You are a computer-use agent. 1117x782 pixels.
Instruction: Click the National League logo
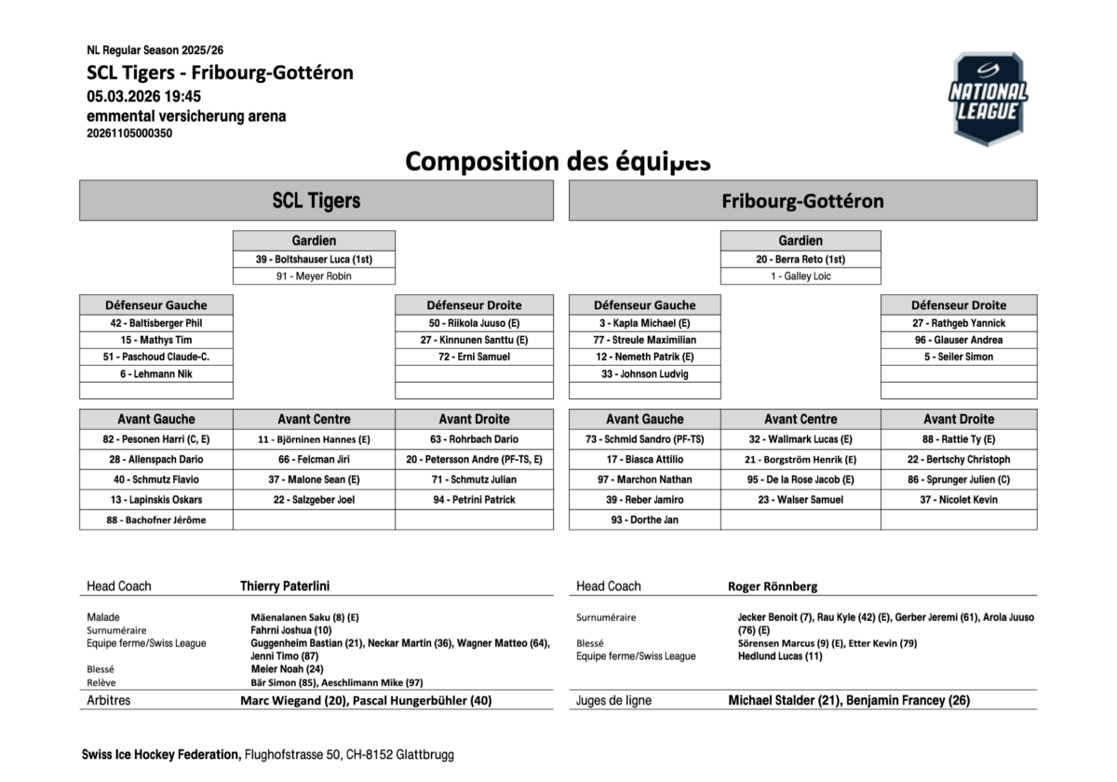(x=988, y=99)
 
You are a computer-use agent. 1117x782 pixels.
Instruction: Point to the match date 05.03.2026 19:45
(x=144, y=96)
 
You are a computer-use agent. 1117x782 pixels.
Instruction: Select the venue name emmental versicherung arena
(x=186, y=116)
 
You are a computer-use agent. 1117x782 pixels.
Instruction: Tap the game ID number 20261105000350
(x=129, y=133)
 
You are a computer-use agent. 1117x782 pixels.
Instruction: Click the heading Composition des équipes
(x=558, y=161)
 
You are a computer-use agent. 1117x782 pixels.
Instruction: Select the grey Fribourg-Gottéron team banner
(x=802, y=200)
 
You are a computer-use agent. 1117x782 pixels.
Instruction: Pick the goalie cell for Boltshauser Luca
(x=314, y=259)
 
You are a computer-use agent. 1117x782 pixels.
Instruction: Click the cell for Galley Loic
(x=801, y=276)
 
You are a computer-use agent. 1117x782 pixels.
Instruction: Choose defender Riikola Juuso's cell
(x=474, y=323)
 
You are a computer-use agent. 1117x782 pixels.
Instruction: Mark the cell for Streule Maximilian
(x=644, y=340)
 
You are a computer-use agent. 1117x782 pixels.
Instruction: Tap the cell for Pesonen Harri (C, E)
(x=156, y=439)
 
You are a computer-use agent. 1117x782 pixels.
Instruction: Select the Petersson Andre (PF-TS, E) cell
(x=474, y=459)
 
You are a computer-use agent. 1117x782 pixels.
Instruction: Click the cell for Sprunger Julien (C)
(x=959, y=479)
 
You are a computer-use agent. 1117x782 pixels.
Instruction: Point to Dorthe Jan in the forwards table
(x=644, y=520)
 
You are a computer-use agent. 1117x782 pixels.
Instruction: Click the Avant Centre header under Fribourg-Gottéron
(x=801, y=419)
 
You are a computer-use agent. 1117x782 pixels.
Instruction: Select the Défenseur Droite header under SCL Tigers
(x=474, y=304)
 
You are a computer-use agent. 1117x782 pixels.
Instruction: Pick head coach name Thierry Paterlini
(x=285, y=586)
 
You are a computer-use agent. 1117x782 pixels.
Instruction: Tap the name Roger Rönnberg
(x=774, y=586)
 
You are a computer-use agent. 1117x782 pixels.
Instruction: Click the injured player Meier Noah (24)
(x=288, y=668)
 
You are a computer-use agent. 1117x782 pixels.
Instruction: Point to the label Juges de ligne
(x=614, y=700)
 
